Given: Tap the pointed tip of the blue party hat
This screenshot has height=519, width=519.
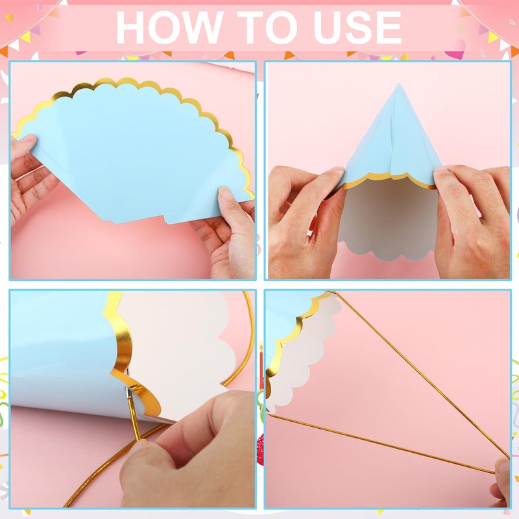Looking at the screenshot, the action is coord(398,85).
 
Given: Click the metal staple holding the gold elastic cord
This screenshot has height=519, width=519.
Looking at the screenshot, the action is coord(128,392).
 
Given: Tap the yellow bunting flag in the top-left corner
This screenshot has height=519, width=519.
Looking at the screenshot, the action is coord(25,36).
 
